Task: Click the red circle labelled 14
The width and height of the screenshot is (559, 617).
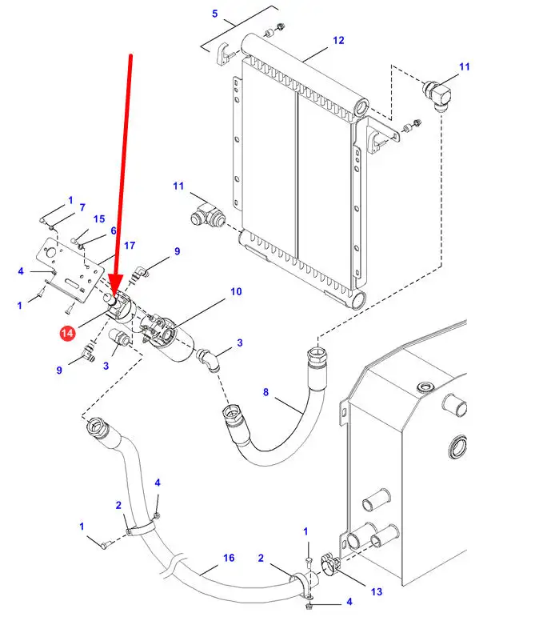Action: [68, 332]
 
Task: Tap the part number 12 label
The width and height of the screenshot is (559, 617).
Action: [338, 40]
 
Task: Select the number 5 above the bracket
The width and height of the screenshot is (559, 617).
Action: [214, 14]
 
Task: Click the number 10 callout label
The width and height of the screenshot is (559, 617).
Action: [236, 292]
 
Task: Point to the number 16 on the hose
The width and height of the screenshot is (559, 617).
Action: [228, 558]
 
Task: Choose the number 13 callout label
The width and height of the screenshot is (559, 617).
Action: [377, 592]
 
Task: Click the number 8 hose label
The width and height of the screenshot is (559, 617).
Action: [266, 392]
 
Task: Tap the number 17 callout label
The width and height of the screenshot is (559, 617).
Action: [130, 245]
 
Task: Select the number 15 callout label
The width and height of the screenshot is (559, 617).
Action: [99, 219]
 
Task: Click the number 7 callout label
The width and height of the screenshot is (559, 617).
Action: [82, 208]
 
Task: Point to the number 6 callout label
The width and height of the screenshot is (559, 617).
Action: [114, 230]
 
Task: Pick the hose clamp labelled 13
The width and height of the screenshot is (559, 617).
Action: [330, 567]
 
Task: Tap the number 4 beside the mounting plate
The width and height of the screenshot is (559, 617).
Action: [21, 271]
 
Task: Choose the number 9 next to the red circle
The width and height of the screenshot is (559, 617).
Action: [59, 370]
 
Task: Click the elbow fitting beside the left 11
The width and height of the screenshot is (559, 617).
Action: [210, 216]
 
